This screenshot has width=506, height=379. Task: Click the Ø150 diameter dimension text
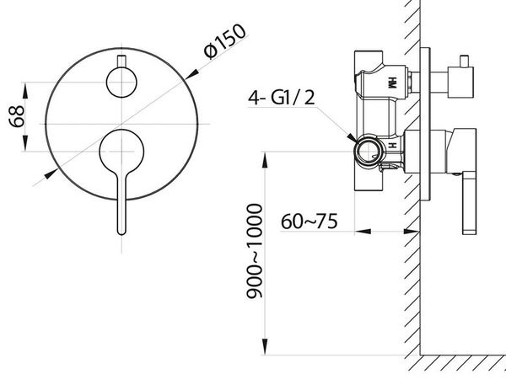click(x=225, y=41)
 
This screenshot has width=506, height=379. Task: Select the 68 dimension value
click(x=17, y=116)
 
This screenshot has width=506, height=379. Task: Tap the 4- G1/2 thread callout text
click(x=282, y=98)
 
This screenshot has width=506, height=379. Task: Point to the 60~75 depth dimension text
click(x=310, y=221)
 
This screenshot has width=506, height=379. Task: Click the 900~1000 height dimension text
click(x=255, y=251)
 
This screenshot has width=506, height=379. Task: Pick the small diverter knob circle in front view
click(x=121, y=83)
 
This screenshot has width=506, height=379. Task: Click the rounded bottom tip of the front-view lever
click(x=121, y=232)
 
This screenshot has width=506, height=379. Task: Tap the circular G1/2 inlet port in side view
click(x=368, y=152)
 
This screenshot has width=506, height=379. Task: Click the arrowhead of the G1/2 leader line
click(x=352, y=138)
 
